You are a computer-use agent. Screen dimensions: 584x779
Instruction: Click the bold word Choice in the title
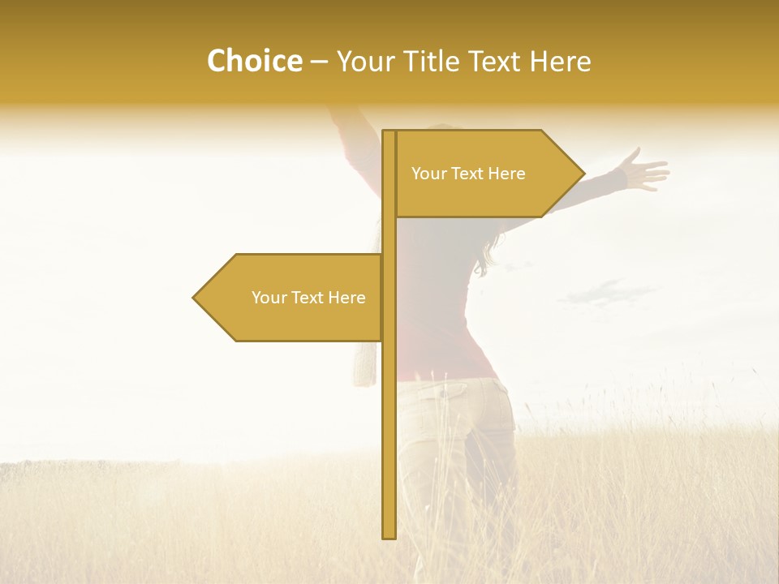pyautogui.click(x=254, y=62)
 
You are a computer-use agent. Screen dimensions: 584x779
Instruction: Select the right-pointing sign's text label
pyautogui.click(x=468, y=174)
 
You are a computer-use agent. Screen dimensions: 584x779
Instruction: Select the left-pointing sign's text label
pyautogui.click(x=308, y=298)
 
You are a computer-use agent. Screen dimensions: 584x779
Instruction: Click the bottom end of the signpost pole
pyautogui.click(x=389, y=535)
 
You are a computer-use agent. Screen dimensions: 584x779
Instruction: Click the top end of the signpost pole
pyautogui.click(x=389, y=132)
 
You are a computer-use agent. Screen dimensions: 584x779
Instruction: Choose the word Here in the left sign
pyautogui.click(x=346, y=298)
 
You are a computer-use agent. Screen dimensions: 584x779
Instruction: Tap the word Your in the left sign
pyautogui.click(x=269, y=298)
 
